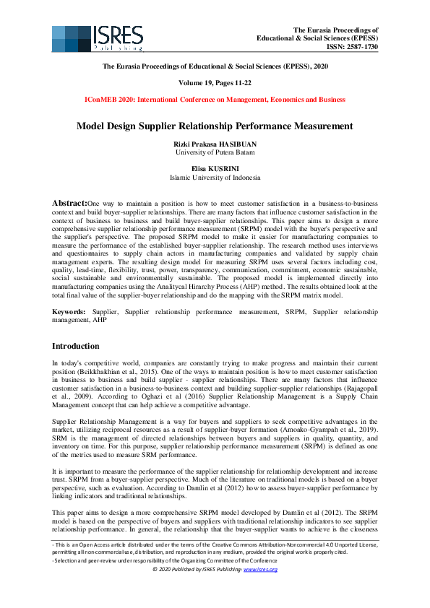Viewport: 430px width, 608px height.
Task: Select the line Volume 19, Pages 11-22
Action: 215,82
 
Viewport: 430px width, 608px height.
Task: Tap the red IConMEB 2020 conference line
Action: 215,99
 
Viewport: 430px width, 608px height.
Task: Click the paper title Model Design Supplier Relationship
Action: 215,126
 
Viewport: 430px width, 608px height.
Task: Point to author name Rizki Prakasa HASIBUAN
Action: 215,144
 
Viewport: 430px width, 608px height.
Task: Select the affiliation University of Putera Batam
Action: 215,152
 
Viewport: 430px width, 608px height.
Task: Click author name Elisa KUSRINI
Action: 215,168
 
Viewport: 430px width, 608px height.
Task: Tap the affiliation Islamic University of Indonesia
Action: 215,176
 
